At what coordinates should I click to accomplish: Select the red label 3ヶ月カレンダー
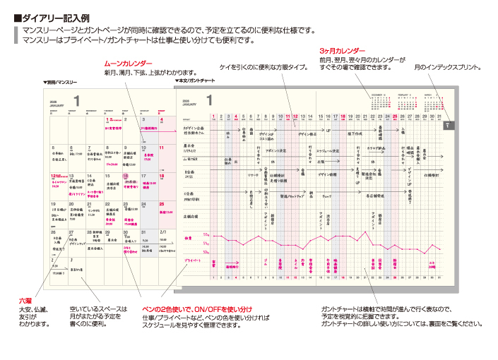[x=342, y=52]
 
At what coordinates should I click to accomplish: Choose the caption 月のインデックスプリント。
[x=448, y=68]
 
